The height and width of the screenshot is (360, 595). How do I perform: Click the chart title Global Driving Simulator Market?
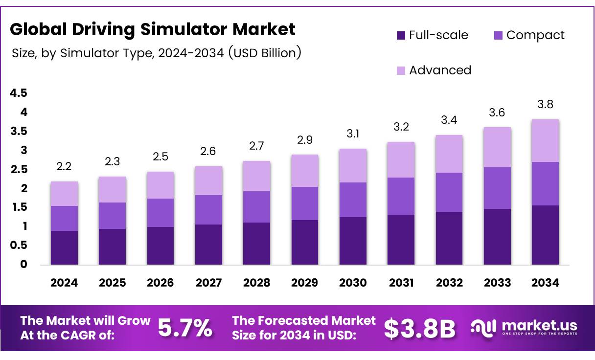152,29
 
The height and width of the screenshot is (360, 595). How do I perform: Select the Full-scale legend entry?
432,35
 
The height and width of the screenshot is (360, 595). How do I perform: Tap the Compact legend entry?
529,35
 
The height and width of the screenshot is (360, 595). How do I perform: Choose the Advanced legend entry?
434,70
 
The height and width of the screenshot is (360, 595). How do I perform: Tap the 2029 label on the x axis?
304,283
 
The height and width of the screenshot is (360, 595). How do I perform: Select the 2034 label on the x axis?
545,283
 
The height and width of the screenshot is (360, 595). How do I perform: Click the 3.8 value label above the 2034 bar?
545,104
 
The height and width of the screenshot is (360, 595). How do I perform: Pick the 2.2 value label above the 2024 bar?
64,166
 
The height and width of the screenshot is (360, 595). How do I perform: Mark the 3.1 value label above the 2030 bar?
353,134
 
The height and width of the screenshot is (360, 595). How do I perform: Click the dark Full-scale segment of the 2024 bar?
64,247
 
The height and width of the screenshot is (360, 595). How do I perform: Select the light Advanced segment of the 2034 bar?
545,140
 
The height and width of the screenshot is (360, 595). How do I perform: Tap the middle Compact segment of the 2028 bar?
256,206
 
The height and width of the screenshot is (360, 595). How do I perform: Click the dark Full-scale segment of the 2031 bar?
401,240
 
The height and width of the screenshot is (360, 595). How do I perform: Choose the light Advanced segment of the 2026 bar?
160,185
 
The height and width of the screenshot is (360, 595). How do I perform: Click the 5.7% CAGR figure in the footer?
185,328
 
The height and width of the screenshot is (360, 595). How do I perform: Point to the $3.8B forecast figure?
419,328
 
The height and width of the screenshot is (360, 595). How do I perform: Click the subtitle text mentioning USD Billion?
156,52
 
